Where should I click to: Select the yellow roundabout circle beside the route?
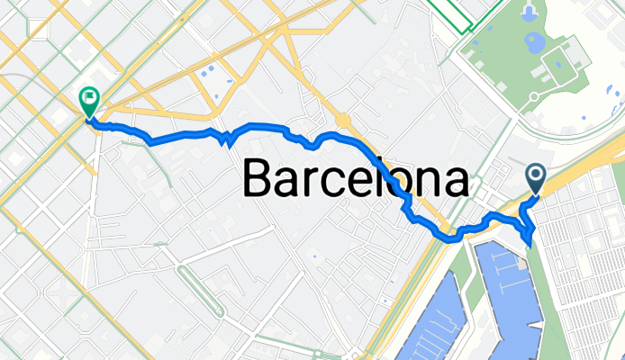click(x=342, y=120)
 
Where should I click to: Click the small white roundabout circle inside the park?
click(x=534, y=95)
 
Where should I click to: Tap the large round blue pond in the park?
click(x=534, y=41)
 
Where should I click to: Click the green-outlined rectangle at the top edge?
click(x=450, y=13)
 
